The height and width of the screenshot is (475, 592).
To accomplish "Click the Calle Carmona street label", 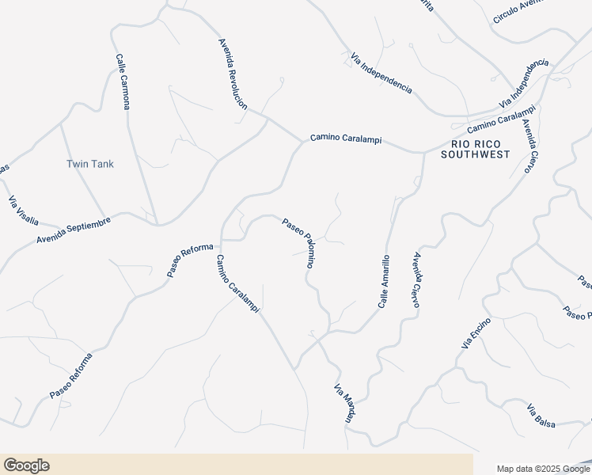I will coord(122,82).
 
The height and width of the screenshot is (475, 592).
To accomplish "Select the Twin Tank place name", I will coord(89,164).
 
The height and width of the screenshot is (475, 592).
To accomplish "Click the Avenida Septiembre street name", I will coord(74,230).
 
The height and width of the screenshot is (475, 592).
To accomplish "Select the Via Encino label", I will coord(476,333).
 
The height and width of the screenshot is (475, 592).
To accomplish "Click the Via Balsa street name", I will coord(541,416).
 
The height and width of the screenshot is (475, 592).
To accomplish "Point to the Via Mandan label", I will coord(343,404).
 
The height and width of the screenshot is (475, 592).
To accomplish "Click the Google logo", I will coord(26,465).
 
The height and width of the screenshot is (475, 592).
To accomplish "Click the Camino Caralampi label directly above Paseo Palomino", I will coord(345,139).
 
